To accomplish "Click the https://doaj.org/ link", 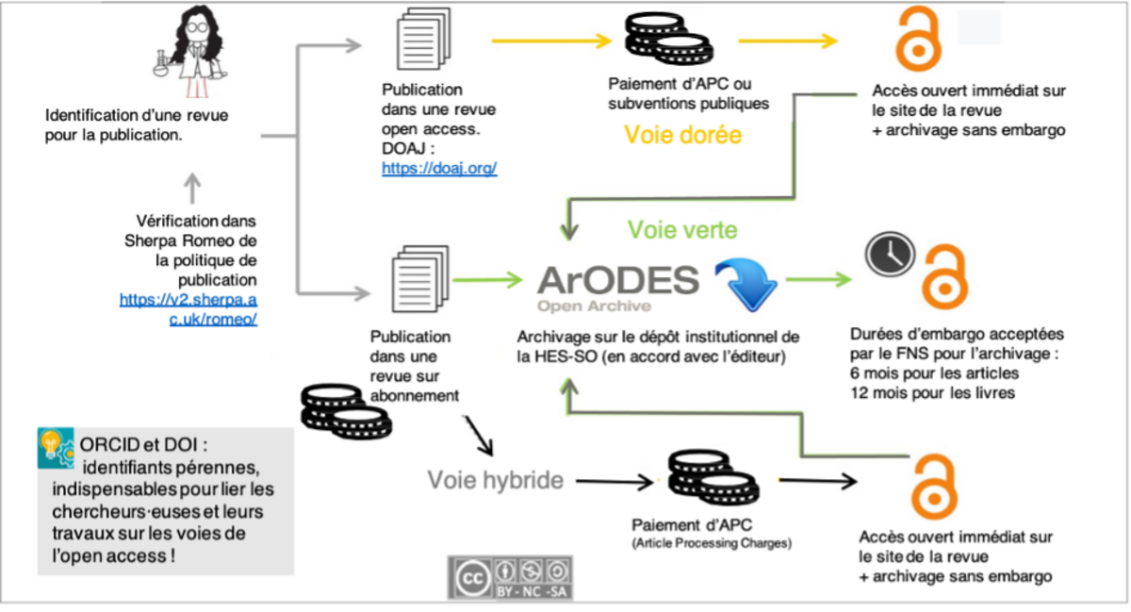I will tap(438, 169).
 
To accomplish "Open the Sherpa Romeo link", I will tap(188, 308).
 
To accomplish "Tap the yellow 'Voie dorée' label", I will tap(683, 135).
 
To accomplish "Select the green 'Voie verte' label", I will tap(682, 229).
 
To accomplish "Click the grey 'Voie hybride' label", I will tap(495, 480).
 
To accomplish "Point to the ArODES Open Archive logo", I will tap(618, 287).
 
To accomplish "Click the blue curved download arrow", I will tap(745, 283).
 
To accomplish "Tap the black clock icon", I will tap(890, 254).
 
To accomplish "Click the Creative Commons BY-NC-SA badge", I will tap(509, 576).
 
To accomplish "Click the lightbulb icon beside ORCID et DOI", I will tap(57, 448).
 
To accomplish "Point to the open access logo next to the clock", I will tap(945, 273).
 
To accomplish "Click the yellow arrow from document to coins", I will tap(551, 41).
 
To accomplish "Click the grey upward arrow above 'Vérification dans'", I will tap(191, 189).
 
